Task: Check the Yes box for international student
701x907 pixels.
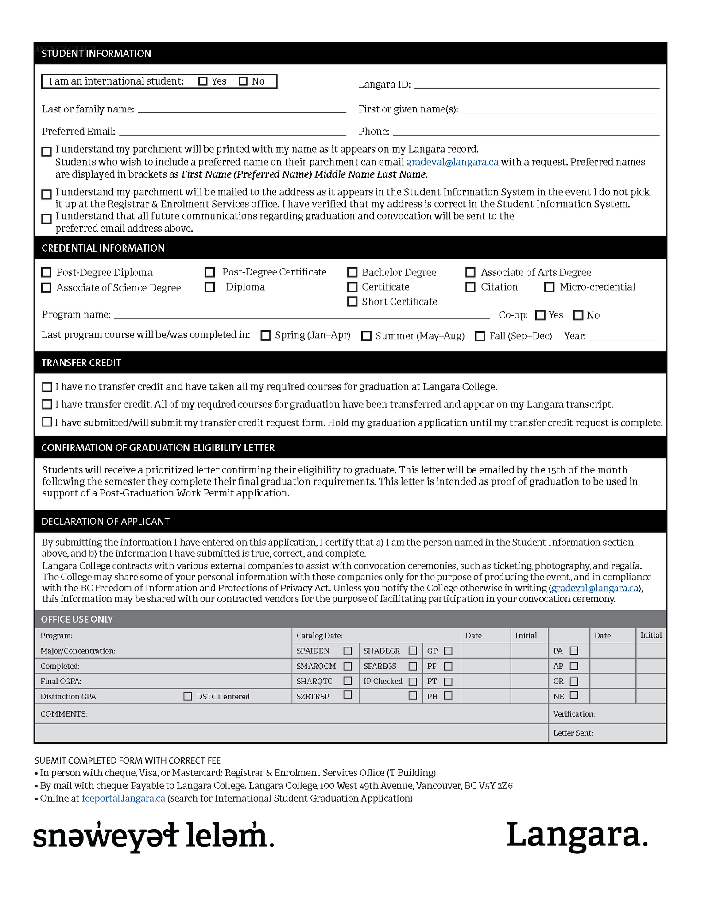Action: click(x=203, y=81)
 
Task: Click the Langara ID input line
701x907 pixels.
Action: click(x=536, y=85)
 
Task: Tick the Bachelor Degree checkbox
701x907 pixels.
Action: click(x=352, y=272)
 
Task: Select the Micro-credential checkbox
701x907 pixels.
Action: click(x=549, y=287)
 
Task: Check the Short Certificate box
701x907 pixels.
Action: click(x=352, y=302)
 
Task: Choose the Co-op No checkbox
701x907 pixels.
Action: click(x=578, y=315)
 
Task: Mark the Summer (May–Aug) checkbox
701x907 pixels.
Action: click(x=366, y=336)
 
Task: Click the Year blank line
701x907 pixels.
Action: click(x=624, y=337)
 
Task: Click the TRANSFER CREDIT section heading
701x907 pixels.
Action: click(x=81, y=363)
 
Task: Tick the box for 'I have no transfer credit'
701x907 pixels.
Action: click(x=47, y=387)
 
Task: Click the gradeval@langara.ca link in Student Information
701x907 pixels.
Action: click(x=452, y=162)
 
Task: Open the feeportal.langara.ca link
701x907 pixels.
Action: click(x=124, y=798)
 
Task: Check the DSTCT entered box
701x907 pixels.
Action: click(x=188, y=697)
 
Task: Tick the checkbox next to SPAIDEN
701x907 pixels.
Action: click(x=348, y=651)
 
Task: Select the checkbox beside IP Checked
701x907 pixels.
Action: click(x=413, y=682)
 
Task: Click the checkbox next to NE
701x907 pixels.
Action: click(x=574, y=695)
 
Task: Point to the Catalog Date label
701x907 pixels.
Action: click(x=319, y=636)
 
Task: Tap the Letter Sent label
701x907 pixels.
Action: click(x=573, y=733)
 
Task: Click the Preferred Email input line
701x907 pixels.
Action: click(x=232, y=132)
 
